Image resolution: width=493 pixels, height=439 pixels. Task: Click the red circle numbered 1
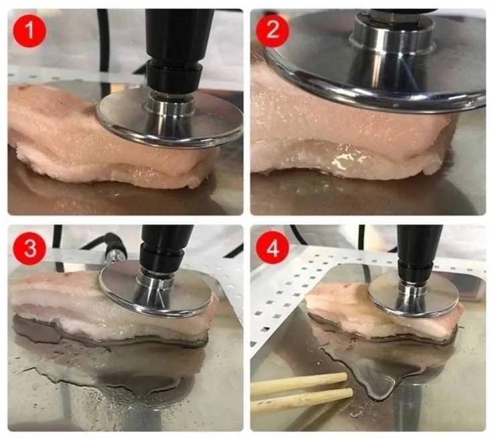(29, 31)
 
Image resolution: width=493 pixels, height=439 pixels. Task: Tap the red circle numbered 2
(272, 31)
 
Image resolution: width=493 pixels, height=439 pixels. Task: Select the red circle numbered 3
(29, 248)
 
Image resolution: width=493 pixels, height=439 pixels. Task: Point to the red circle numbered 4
(272, 248)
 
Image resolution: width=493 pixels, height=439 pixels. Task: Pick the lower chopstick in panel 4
(301, 400)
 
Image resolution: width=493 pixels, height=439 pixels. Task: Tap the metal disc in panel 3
(156, 288)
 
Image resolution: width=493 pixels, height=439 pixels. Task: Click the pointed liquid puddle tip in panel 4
(377, 398)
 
